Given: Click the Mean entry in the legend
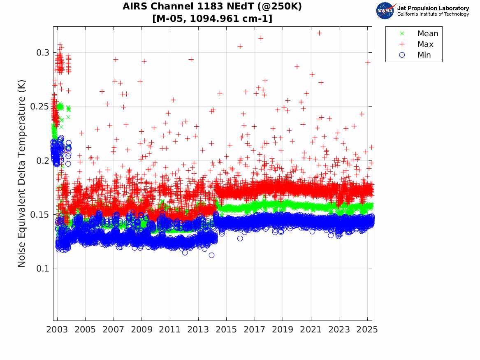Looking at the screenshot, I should tap(428, 33).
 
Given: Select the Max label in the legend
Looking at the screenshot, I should tap(425, 44).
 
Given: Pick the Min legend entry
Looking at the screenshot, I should tap(424, 55).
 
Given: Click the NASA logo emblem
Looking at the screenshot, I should tap(385, 11).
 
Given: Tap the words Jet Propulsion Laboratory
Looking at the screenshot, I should tap(433, 8).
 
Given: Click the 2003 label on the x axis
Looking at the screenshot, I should tap(57, 330).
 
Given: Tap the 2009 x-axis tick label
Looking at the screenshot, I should tap(141, 330).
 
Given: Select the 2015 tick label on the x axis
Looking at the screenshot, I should tap(226, 330).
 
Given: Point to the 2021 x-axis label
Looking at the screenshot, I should tap(311, 330).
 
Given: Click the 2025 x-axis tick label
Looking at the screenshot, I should tap(367, 330).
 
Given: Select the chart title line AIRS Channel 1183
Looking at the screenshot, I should tap(212, 7).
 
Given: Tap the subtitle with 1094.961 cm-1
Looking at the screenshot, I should tap(212, 19).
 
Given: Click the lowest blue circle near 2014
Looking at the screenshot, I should tap(211, 255).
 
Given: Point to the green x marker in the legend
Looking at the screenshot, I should tap(402, 33).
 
